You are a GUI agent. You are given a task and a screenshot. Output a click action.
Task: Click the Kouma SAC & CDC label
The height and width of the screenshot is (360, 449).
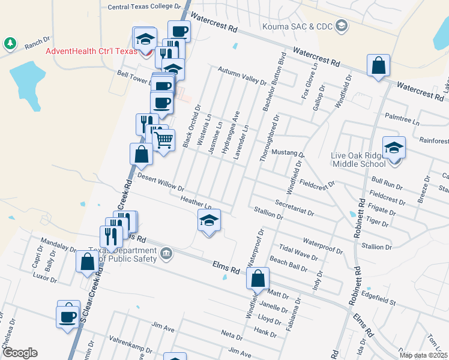(x=297, y=26)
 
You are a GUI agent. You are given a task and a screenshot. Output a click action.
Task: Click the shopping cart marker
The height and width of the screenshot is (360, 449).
(x=164, y=140)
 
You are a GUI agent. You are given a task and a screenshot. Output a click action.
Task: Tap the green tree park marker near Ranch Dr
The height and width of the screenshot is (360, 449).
(x=10, y=43)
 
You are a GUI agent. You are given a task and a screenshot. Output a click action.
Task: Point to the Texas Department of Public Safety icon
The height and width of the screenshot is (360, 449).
(x=166, y=254)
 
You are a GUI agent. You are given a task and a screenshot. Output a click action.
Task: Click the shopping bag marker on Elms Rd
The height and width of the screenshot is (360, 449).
(x=258, y=278)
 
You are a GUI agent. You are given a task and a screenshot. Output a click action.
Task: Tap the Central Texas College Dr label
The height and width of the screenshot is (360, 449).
(x=144, y=7)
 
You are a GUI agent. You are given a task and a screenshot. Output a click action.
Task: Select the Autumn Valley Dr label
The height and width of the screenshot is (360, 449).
(x=242, y=76)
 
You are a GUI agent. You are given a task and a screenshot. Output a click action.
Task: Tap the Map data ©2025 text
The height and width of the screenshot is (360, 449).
(x=423, y=355)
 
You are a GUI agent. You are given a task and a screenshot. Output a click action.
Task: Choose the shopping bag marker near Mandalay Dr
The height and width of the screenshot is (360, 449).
(x=88, y=262)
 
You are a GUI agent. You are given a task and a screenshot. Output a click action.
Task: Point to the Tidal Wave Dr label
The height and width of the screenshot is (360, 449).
(x=298, y=253)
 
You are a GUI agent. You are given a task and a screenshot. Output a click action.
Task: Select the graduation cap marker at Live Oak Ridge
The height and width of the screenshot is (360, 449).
(x=394, y=148)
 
